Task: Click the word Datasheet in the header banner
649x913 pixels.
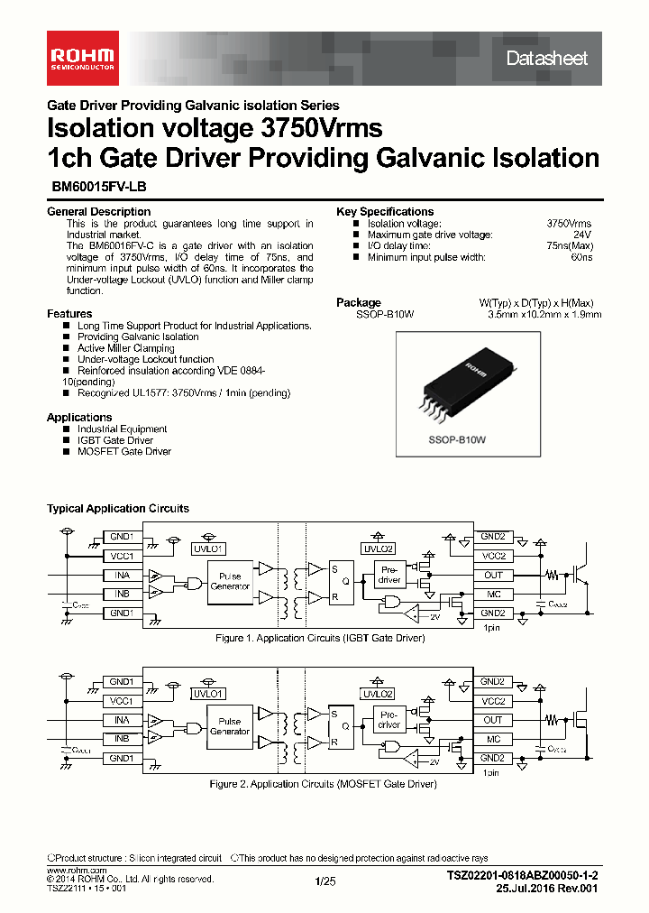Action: [x=546, y=59]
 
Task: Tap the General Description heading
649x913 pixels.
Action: [x=98, y=212]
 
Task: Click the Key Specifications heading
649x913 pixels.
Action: [x=385, y=212]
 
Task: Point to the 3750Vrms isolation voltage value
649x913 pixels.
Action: [x=569, y=223]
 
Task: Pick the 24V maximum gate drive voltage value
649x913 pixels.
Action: [x=582, y=235]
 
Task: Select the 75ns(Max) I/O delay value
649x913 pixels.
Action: [x=570, y=246]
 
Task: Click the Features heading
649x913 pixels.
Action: [x=69, y=314]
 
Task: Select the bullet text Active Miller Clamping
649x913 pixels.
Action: [x=126, y=348]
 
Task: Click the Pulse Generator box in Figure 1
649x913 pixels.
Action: [x=230, y=581]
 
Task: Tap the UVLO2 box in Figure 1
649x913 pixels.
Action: [x=378, y=549]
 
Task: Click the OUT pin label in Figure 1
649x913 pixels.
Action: [x=492, y=575]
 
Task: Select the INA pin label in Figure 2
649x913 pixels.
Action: [x=122, y=720]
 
